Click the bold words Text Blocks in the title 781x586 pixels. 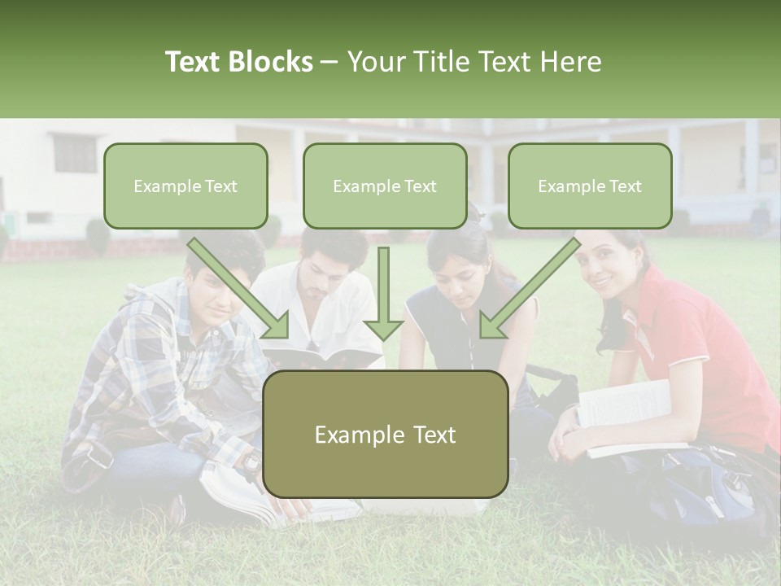(x=238, y=62)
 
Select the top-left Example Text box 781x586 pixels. (x=185, y=186)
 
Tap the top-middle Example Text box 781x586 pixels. (x=385, y=186)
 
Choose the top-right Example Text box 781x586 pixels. (x=590, y=186)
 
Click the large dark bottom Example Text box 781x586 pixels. (x=385, y=435)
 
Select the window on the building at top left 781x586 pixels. (x=74, y=152)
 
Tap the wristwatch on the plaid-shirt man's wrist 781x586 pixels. (x=251, y=461)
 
